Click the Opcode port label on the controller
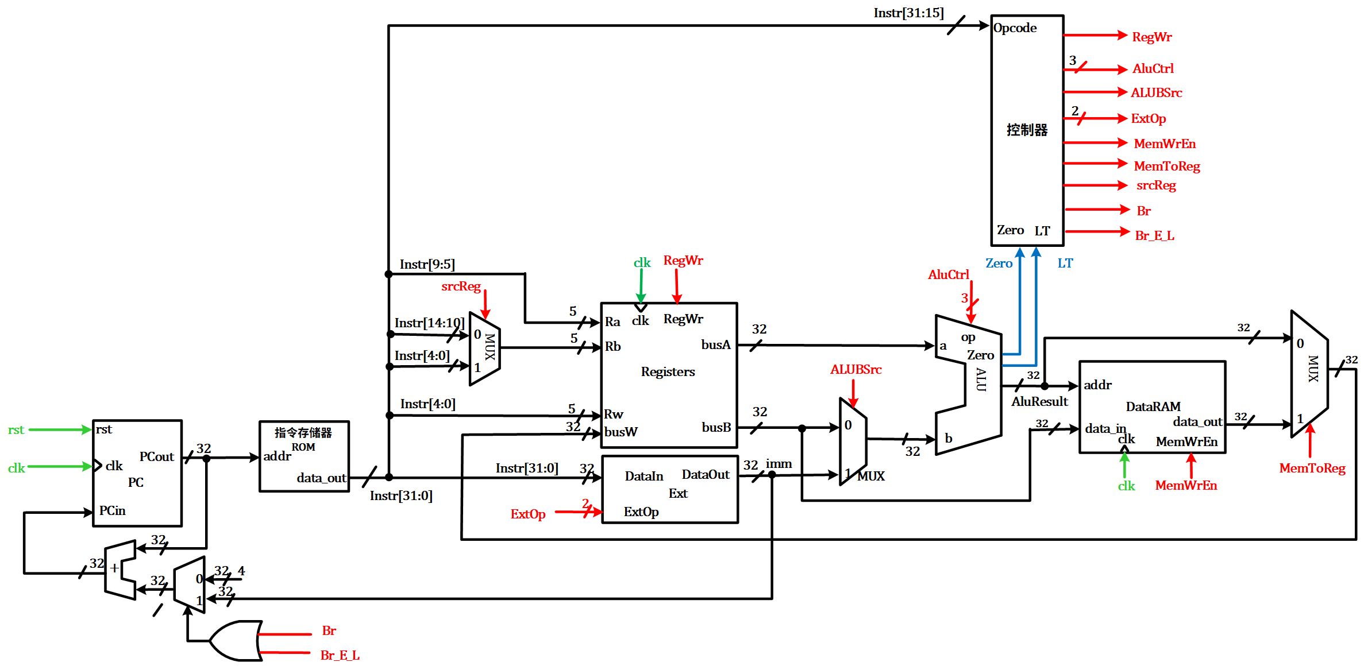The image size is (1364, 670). pyautogui.click(x=1015, y=28)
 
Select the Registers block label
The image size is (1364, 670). pyautogui.click(x=668, y=372)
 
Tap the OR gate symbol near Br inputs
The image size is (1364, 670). pyautogui.click(x=236, y=640)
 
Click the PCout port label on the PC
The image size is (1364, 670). pyautogui.click(x=156, y=457)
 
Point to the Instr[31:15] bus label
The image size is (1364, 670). pyautogui.click(x=908, y=13)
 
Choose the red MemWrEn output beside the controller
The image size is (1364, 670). pyautogui.click(x=1164, y=144)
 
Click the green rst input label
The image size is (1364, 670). pyautogui.click(x=16, y=430)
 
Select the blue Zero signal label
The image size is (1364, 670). pyautogui.click(x=999, y=264)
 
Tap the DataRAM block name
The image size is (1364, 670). pyautogui.click(x=1153, y=407)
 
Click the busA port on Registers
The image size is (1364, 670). pyautogui.click(x=715, y=345)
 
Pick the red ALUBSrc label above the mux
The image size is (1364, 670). pyautogui.click(x=856, y=370)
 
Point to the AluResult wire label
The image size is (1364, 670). pyautogui.click(x=1039, y=402)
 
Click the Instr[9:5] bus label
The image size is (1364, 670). pyautogui.click(x=427, y=265)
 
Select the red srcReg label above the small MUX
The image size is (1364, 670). pyautogui.click(x=461, y=286)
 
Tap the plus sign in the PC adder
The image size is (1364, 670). pyautogui.click(x=114, y=568)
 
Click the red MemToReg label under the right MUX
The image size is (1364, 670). pyautogui.click(x=1312, y=468)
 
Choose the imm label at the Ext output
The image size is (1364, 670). pyautogui.click(x=779, y=464)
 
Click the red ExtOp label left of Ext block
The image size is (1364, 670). pyautogui.click(x=527, y=514)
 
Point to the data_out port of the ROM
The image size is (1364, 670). pyautogui.click(x=321, y=478)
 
